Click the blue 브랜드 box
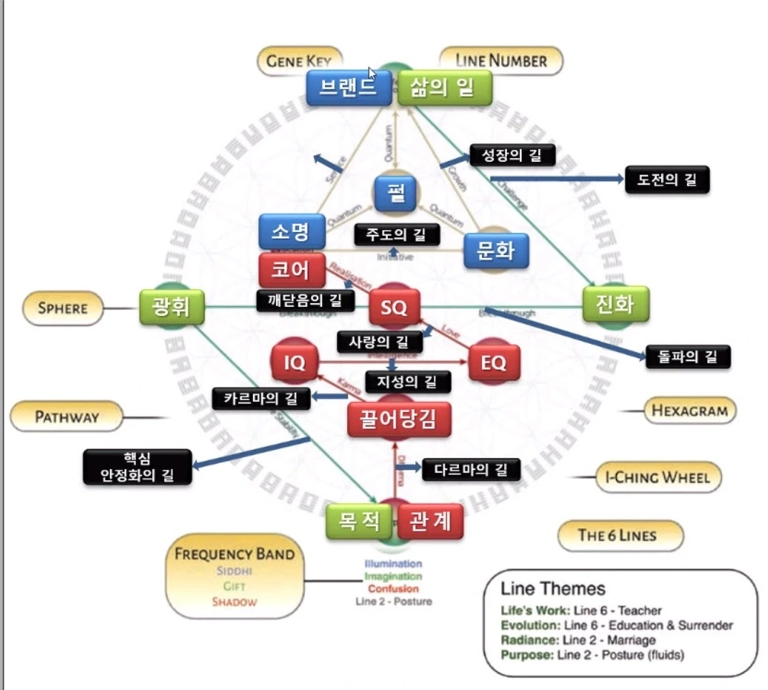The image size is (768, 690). [x=349, y=87]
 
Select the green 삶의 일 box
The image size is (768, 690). [x=445, y=87]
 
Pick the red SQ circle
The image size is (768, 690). [x=394, y=308]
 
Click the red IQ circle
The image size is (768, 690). [x=295, y=363]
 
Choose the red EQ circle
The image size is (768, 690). [x=493, y=363]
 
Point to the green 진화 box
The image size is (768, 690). [x=615, y=304]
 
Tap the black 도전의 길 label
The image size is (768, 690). [x=667, y=179]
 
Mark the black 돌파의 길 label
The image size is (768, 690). [x=687, y=355]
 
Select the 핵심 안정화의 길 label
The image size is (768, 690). [x=138, y=466]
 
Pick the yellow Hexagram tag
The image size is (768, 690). [x=689, y=411]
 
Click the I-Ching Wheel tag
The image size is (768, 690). [x=658, y=477]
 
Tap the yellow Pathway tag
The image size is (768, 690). [x=66, y=416]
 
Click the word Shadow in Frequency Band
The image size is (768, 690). [x=234, y=602]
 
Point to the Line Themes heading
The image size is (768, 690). [x=553, y=589]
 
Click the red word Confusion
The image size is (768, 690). [x=393, y=589]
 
